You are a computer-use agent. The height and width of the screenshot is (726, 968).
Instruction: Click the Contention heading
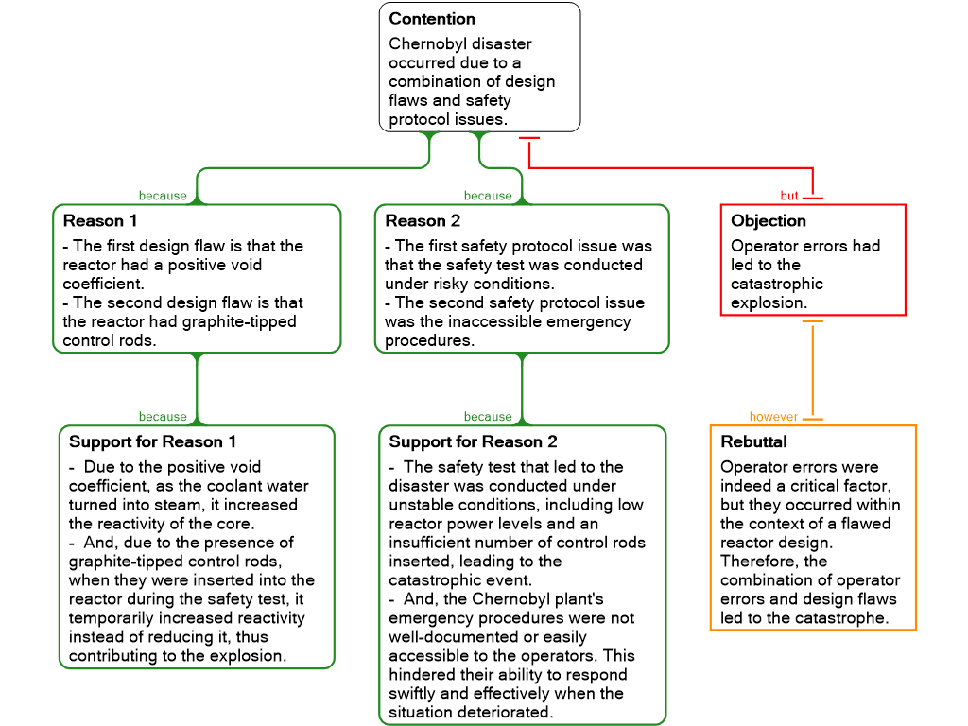[x=431, y=19]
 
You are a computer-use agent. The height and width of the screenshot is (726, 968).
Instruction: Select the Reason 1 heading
[x=100, y=221]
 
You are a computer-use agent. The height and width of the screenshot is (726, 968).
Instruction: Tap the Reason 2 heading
[x=423, y=221]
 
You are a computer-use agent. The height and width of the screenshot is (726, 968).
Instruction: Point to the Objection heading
[x=768, y=221]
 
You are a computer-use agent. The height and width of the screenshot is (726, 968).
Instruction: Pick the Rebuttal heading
[x=753, y=442]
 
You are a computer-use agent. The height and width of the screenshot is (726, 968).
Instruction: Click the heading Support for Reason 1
[x=152, y=442]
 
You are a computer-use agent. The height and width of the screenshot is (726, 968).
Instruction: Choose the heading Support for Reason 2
[x=473, y=442]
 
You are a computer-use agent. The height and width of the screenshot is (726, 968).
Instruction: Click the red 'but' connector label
[x=789, y=196]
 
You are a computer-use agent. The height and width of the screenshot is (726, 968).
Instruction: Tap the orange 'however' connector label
[x=773, y=417]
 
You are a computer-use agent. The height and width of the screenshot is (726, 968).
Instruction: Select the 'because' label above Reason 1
[x=163, y=196]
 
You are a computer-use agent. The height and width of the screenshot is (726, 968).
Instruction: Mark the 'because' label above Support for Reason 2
[x=488, y=417]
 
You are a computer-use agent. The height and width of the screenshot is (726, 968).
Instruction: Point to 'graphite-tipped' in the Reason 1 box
[x=235, y=321]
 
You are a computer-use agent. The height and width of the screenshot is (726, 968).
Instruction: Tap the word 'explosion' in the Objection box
[x=768, y=303]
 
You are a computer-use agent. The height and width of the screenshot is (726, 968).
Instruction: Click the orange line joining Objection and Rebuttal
[x=812, y=370]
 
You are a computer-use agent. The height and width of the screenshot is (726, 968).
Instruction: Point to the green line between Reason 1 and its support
[x=197, y=389]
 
